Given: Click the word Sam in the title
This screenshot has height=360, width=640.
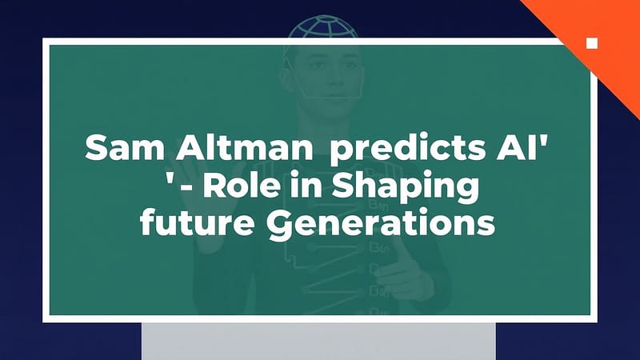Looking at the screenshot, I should pos(114,149).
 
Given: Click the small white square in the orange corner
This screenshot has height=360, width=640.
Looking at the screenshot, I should pos(592,42).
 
